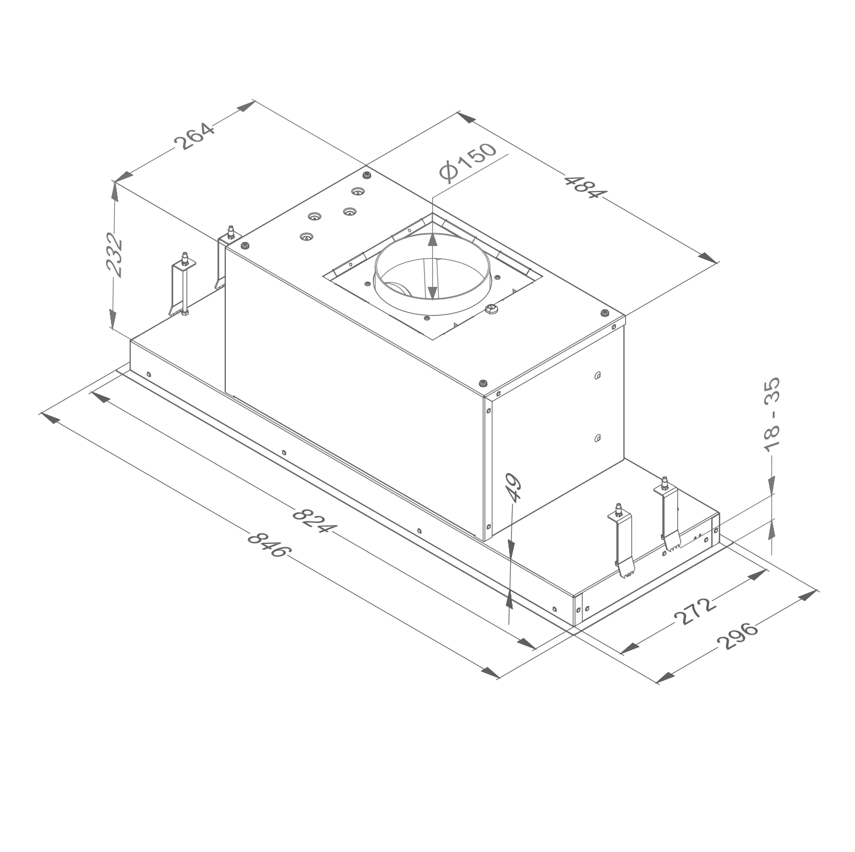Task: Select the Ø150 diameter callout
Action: [467, 163]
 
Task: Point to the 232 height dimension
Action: [115, 255]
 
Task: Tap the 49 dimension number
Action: [513, 488]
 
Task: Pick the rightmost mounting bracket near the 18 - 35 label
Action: [669, 513]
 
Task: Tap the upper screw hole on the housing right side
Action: [598, 375]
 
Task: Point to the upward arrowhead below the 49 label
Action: [510, 598]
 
